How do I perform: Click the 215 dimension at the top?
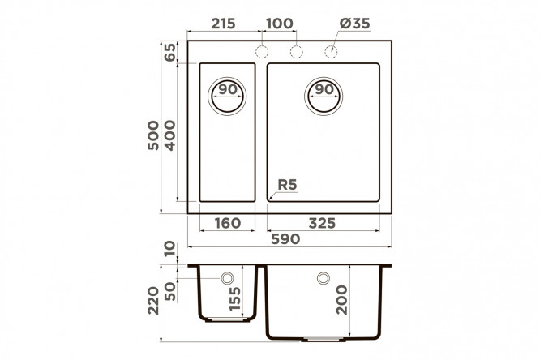pyautogui.click(x=223, y=24)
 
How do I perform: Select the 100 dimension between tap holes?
pyautogui.click(x=280, y=24)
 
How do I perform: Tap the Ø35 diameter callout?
pyautogui.click(x=354, y=24)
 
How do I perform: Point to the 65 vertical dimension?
pyautogui.click(x=169, y=52)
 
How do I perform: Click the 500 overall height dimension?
pyautogui.click(x=153, y=135)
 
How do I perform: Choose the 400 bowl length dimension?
pyautogui.click(x=169, y=135)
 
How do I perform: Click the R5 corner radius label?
pyautogui.click(x=287, y=185)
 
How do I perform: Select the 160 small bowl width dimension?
pyautogui.click(x=228, y=223)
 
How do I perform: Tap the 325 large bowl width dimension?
pyautogui.click(x=322, y=223)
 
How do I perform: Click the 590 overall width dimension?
pyautogui.click(x=285, y=239)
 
